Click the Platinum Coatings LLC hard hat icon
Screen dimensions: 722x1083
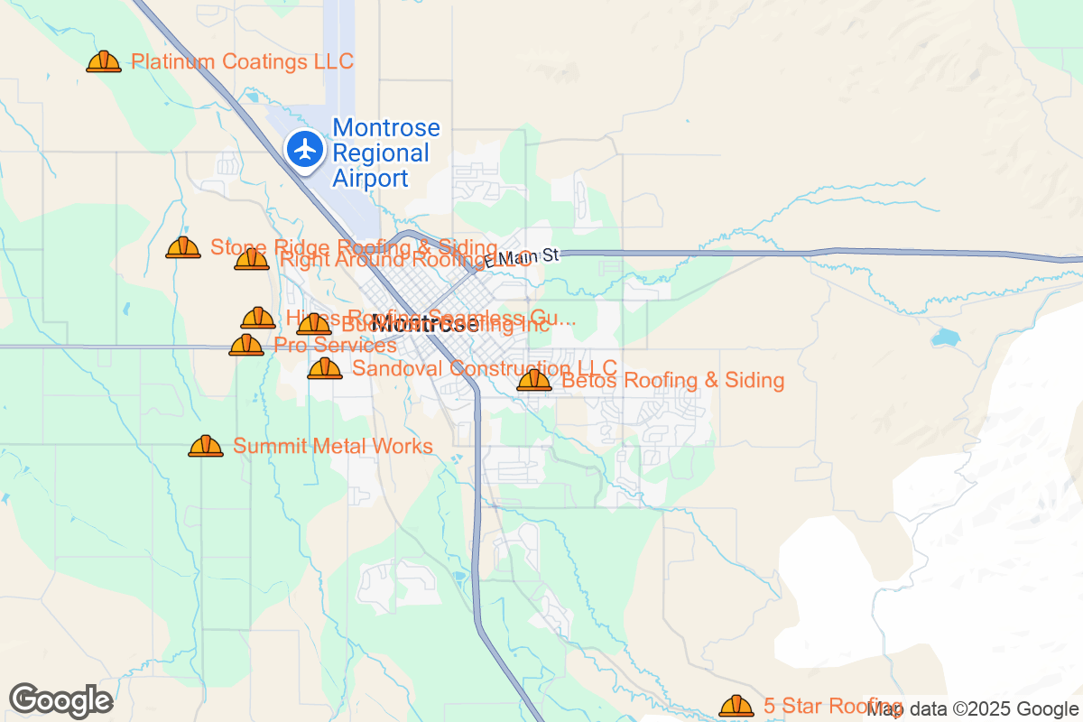point(104,61)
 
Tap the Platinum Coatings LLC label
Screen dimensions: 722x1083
point(242,61)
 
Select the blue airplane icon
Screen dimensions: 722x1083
point(306,149)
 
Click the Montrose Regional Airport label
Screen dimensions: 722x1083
point(386,153)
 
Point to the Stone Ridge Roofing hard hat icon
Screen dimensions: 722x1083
point(183,247)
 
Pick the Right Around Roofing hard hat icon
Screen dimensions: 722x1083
point(252,260)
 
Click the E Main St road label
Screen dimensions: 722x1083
point(522,258)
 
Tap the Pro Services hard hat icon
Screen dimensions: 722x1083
point(246,345)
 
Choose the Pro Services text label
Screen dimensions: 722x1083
point(335,346)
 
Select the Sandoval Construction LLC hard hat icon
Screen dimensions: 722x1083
point(325,368)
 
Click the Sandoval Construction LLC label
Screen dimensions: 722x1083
point(484,368)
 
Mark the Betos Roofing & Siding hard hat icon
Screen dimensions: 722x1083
point(534,380)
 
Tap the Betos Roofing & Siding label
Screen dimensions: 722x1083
point(672,380)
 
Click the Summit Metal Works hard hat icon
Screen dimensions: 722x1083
point(206,446)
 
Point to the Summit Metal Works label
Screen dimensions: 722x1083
point(333,446)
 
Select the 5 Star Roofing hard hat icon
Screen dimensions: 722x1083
point(736,706)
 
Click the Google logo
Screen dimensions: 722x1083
point(61,700)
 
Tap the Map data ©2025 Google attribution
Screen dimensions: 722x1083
point(973,709)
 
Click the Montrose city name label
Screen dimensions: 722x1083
point(425,326)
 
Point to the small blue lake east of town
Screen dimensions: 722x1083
point(945,338)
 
